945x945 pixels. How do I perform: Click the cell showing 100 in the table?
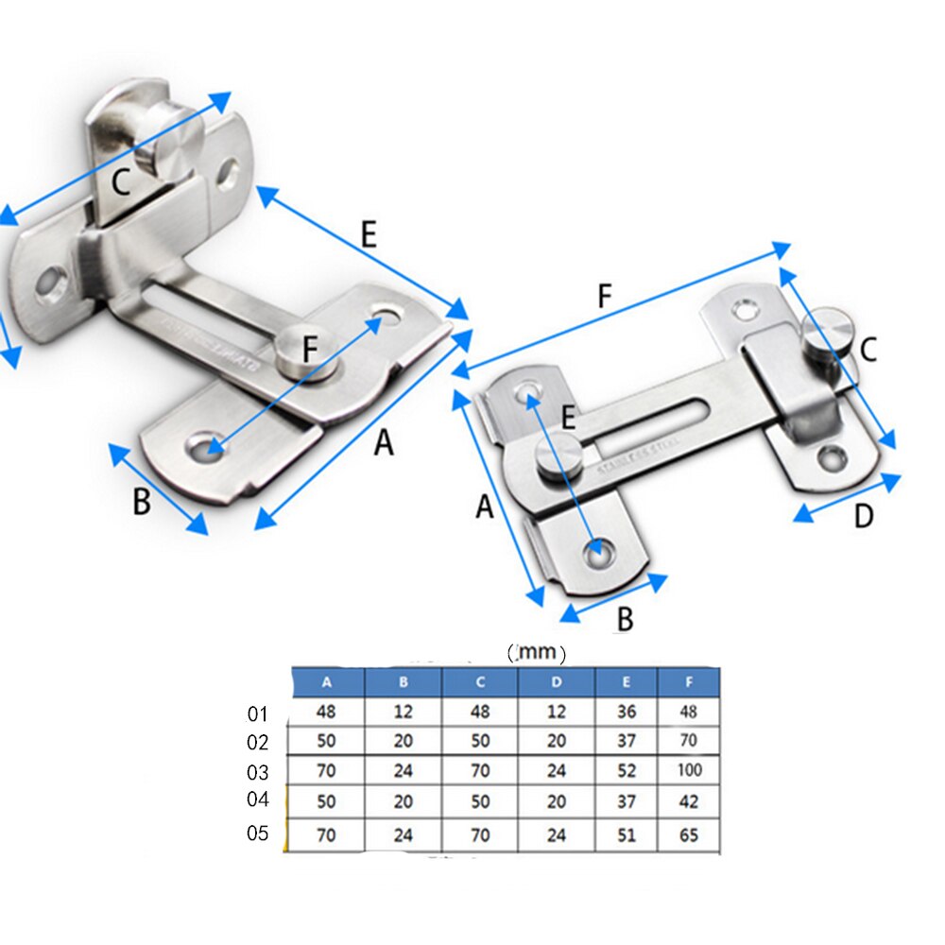click(x=690, y=770)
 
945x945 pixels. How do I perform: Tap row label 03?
click(x=259, y=772)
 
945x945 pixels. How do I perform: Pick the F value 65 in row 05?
click(x=689, y=835)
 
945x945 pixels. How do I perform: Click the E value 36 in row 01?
click(x=626, y=713)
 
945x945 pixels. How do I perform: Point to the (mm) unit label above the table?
click(x=536, y=652)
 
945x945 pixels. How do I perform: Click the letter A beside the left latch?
click(x=384, y=441)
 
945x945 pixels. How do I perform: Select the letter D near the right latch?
click(x=864, y=517)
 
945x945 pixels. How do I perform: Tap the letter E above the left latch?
click(x=369, y=234)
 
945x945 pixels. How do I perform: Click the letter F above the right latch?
click(x=606, y=296)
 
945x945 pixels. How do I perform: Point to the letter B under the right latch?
click(x=625, y=619)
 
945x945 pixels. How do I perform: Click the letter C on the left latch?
click(x=121, y=180)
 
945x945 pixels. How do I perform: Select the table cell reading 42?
click(x=689, y=801)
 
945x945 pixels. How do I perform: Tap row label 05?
click(x=259, y=834)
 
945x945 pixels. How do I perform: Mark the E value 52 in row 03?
click(x=626, y=770)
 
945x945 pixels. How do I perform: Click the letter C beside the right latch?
click(x=868, y=350)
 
